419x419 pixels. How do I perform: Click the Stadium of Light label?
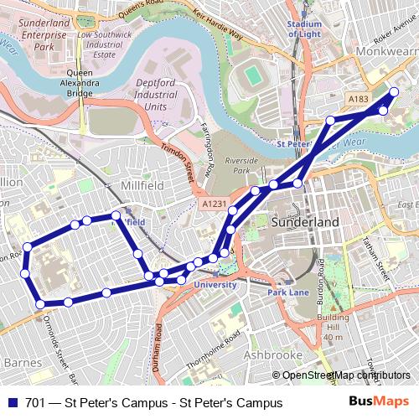coord(303,28)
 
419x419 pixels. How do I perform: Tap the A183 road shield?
coord(359,99)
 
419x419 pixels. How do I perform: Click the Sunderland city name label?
coord(306,223)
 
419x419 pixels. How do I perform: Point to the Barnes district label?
coord(18,362)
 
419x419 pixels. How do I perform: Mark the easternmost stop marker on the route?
coord(395,91)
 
